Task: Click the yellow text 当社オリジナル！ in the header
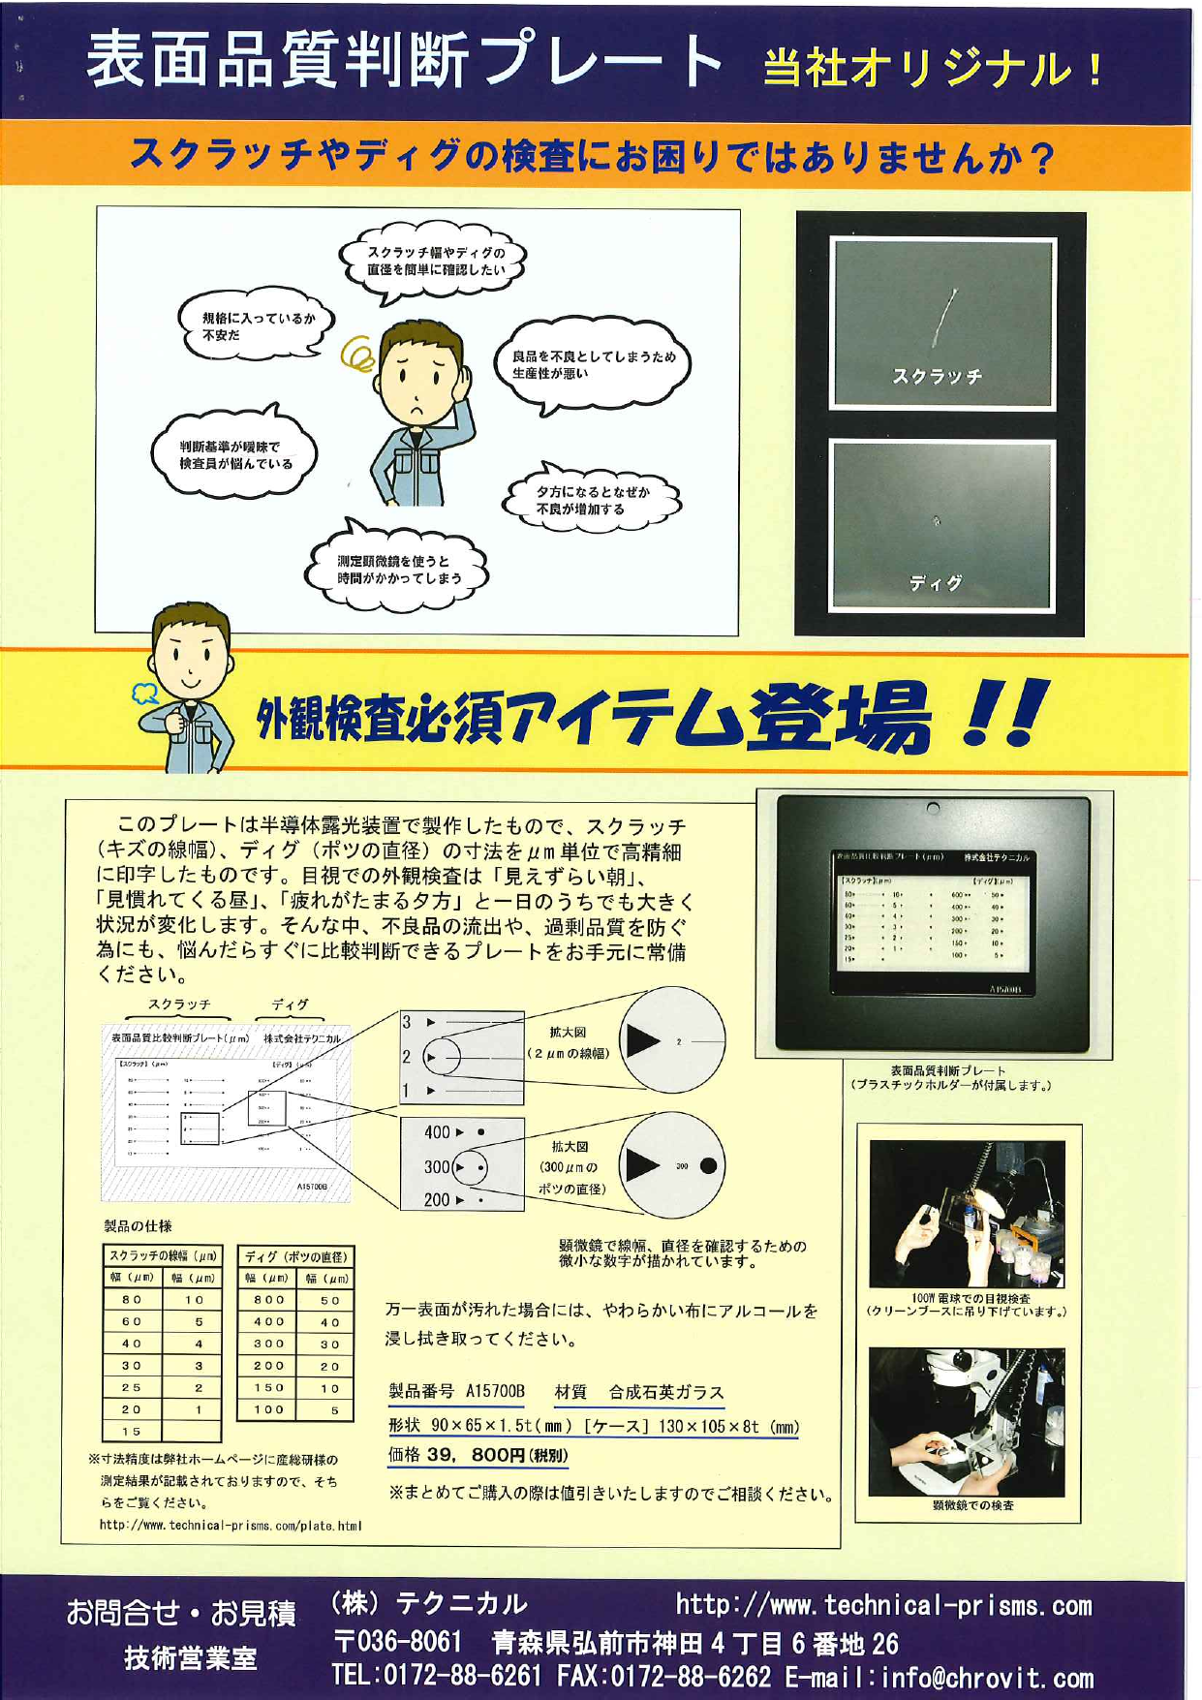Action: pos(932,70)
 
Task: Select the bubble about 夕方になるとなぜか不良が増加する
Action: pos(593,500)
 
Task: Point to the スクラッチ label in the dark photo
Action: pos(936,376)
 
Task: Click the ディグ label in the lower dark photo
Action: pos(936,582)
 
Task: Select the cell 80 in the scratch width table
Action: pos(132,1299)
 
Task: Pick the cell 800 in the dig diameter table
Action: pos(269,1299)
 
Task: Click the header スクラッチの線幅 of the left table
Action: pos(163,1256)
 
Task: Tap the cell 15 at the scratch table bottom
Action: pos(132,1431)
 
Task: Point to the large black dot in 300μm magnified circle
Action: pos(708,1165)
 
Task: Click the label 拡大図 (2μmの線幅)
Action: pos(569,1042)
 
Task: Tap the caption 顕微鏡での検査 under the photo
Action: pos(972,1505)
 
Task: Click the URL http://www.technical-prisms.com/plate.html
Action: pos(230,1526)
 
